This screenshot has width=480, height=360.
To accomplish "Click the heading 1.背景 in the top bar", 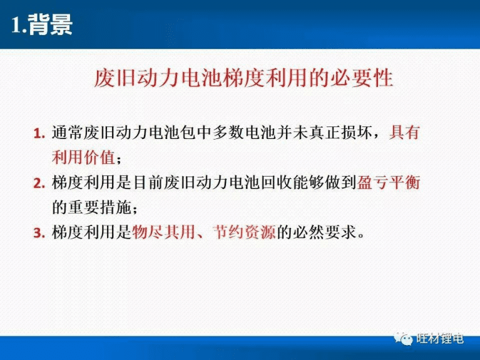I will point(43,24).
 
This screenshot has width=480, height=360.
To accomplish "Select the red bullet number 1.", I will point(39,134).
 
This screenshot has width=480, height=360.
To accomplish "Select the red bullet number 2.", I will point(39,184).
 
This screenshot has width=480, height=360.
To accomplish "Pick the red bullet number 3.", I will point(39,234).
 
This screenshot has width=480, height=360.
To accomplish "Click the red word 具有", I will point(404,133).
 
